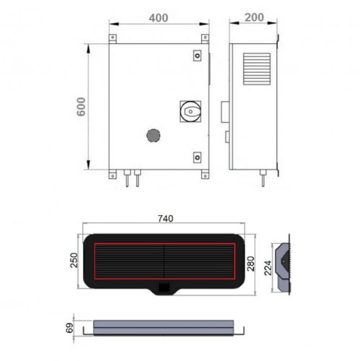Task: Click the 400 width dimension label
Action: click(158, 18)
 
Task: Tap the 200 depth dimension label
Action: click(254, 17)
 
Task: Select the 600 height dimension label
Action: click(82, 107)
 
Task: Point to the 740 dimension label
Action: click(165, 219)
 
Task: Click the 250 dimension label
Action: click(74, 260)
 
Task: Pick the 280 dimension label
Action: click(251, 264)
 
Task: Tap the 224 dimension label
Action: click(268, 268)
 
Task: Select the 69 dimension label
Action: click(69, 328)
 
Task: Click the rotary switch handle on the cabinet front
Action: click(190, 111)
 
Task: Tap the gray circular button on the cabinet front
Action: click(153, 135)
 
